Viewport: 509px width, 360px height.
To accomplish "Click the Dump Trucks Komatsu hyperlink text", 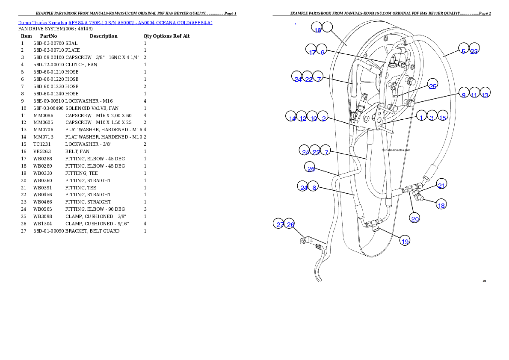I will coord(115,23).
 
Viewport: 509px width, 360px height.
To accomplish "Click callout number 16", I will coord(317,28).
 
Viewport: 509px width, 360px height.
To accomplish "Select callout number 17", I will coord(312,50).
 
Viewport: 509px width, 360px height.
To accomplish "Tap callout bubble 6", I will coord(322,50).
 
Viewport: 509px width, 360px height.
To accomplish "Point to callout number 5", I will coord(463,49).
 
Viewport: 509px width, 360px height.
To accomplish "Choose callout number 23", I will coord(474,49).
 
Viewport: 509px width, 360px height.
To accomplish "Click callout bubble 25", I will coord(433,84).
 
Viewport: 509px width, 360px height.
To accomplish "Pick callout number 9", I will coord(463,93).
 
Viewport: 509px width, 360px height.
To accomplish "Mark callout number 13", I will coord(485,93).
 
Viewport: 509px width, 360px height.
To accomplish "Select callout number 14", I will coord(292,117).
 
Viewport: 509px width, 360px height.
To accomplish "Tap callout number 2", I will coord(324,117).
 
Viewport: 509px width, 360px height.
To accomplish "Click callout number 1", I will coord(421,116).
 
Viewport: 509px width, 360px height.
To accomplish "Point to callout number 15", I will coord(443,116).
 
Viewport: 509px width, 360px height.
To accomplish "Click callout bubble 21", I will coord(442,184).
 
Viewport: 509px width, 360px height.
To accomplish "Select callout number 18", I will coord(441,204).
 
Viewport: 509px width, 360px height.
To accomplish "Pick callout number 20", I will coord(415,218).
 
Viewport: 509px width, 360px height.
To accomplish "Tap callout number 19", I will coord(405,240).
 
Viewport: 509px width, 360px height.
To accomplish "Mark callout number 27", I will coord(280,224).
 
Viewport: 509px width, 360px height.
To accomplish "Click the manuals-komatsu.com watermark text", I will coord(396,150).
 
